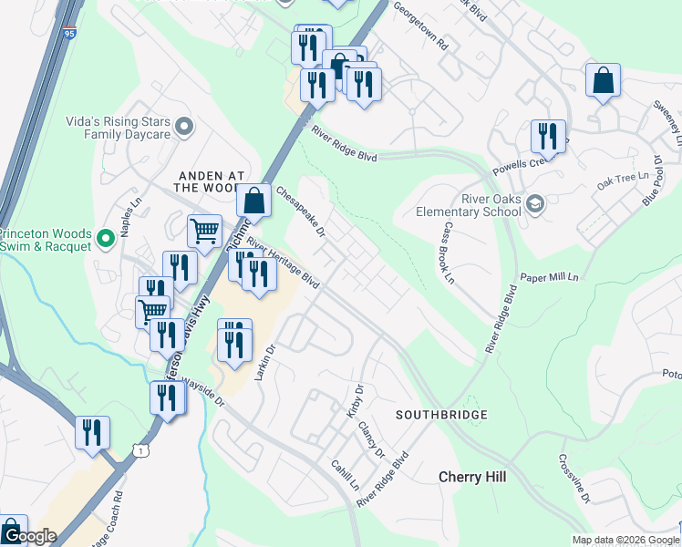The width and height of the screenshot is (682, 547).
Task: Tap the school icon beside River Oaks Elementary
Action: point(535,203)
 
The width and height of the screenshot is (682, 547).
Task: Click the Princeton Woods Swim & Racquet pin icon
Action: point(106,240)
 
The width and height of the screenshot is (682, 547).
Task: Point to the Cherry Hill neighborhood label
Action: point(471,477)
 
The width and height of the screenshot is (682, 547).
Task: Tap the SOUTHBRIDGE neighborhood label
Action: point(441,415)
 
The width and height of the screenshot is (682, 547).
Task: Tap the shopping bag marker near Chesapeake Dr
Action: point(253,201)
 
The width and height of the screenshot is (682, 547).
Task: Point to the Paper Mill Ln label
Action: point(550,276)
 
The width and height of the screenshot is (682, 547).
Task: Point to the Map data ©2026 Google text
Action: point(625,540)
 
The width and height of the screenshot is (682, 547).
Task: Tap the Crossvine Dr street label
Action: point(574,478)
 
